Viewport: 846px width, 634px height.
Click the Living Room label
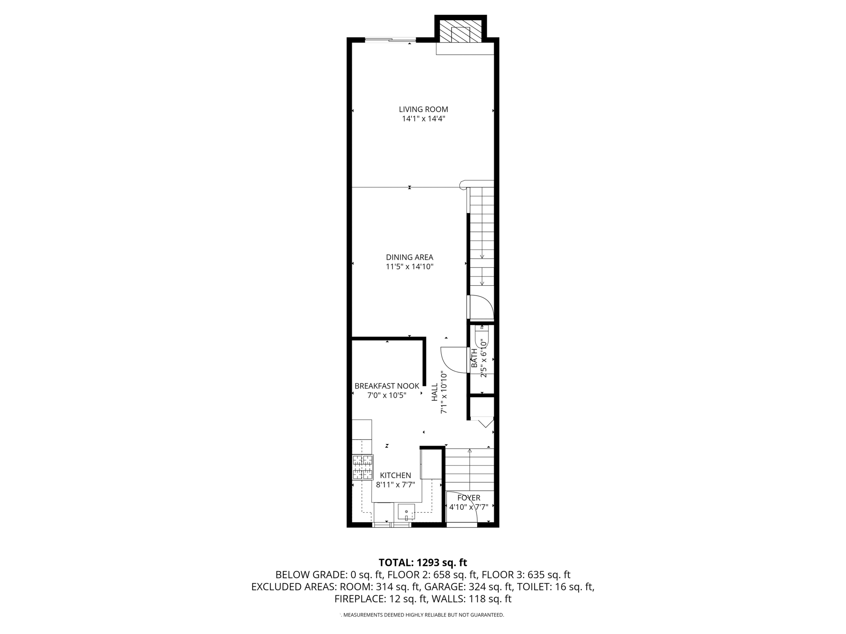click(x=423, y=109)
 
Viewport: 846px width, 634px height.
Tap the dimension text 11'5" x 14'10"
click(x=409, y=267)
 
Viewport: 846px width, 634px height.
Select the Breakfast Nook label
click(x=387, y=386)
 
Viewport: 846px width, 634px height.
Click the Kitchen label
click(x=395, y=475)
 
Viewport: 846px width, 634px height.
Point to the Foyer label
click(x=469, y=498)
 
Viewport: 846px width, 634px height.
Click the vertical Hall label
click(x=435, y=392)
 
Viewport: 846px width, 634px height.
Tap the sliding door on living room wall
click(x=390, y=40)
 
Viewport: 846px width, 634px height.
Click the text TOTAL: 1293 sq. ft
click(x=423, y=562)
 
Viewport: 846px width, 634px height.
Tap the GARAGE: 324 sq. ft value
click(x=469, y=587)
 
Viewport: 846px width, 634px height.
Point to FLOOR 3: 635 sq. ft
click(x=526, y=575)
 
